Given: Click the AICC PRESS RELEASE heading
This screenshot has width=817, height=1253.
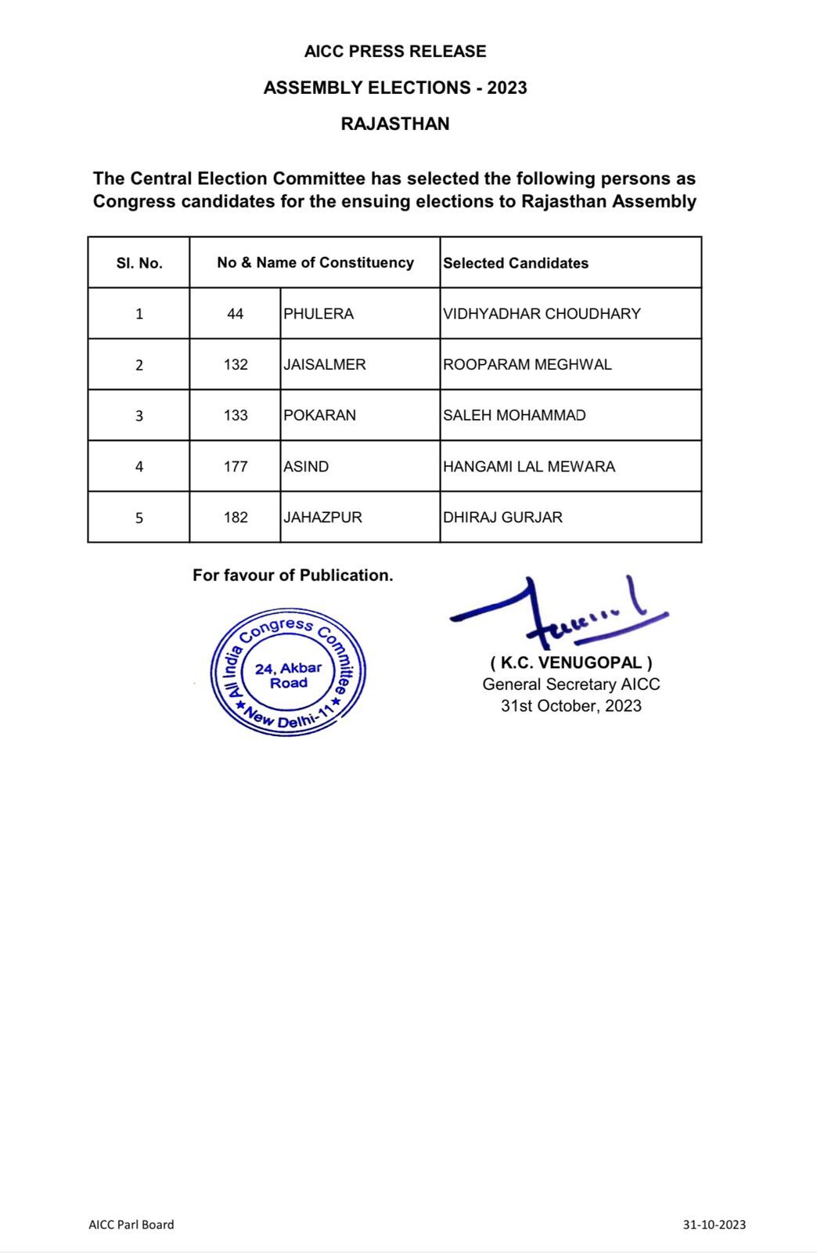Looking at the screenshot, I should [395, 52].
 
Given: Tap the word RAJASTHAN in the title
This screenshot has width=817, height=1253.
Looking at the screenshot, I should [395, 124].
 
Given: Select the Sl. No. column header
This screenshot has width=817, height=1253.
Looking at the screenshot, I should [139, 263].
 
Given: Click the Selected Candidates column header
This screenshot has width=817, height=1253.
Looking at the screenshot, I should [516, 263].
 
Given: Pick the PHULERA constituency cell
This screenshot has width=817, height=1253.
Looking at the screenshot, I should [319, 314].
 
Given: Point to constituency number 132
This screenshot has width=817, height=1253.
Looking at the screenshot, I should [236, 365].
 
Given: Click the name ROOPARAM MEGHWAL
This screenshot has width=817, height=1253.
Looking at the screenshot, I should [527, 365].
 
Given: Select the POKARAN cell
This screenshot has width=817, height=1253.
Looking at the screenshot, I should [319, 416].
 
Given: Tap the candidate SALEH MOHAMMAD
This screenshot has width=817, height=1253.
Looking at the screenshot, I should [514, 416].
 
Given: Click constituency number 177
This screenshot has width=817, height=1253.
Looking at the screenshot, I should [236, 467].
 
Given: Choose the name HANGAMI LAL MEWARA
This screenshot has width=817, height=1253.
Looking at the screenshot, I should [529, 467].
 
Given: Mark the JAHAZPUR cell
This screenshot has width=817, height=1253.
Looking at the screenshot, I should [322, 518].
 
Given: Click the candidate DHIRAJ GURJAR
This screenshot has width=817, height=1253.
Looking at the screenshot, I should [502, 518].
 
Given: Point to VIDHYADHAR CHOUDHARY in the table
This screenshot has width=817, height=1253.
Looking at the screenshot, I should [542, 314].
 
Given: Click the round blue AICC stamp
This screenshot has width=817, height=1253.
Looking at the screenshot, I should [289, 673].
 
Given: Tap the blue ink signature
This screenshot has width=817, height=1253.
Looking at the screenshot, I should [557, 610].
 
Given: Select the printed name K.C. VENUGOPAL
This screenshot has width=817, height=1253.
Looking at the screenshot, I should [571, 663].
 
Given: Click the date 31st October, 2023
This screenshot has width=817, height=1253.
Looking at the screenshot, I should [571, 706].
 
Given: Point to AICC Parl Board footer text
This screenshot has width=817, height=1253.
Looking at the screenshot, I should [131, 1225].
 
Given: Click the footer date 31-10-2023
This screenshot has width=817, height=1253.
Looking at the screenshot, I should [714, 1225].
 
